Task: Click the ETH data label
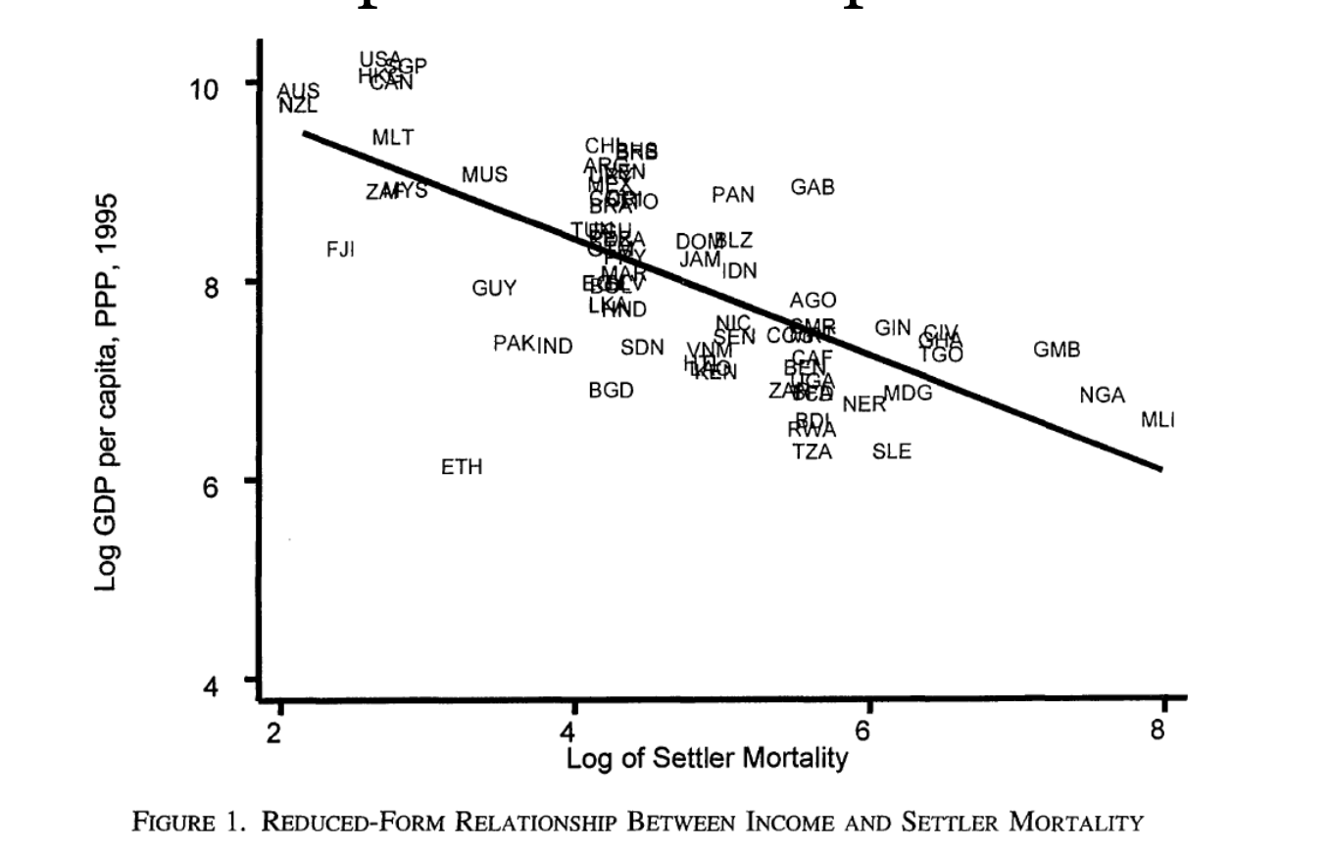tap(462, 467)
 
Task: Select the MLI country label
tap(1158, 420)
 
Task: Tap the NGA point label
tap(1103, 396)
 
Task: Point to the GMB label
tap(1057, 350)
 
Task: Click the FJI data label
tap(340, 250)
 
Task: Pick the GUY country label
tap(494, 289)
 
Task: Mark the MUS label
tap(484, 175)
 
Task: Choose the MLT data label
tap(393, 138)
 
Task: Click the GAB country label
tap(813, 187)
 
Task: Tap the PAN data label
tap(733, 195)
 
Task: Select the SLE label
tap(892, 451)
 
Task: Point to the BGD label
tap(611, 391)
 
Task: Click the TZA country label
tap(813, 451)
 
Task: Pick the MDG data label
tap(908, 394)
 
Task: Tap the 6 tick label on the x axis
tap(863, 732)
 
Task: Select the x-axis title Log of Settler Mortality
tap(707, 758)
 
